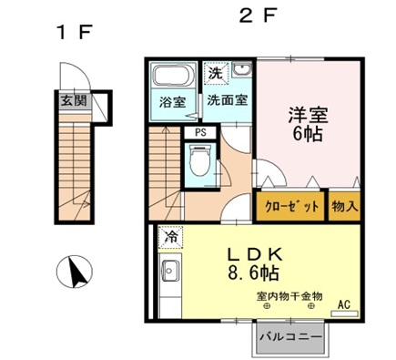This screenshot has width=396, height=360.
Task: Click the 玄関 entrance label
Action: [x=74, y=99]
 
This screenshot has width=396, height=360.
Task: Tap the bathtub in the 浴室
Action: [x=173, y=75]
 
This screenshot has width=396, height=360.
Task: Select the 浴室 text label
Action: [x=172, y=102]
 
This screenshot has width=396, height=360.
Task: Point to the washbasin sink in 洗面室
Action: [x=242, y=69]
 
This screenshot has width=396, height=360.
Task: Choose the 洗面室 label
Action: [x=228, y=100]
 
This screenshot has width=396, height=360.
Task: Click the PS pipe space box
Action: [x=200, y=132]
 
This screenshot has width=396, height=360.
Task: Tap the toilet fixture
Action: [x=200, y=160]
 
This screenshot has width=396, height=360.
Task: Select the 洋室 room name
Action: [x=308, y=115]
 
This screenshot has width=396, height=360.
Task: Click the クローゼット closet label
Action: [x=291, y=207]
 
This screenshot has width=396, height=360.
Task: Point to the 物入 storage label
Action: [x=345, y=206]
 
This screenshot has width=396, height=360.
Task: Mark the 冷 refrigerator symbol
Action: [x=170, y=237]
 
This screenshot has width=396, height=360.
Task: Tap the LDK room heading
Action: [x=255, y=254]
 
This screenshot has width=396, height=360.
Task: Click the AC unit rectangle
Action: [x=344, y=314]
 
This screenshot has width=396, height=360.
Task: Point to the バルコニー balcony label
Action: [x=290, y=337]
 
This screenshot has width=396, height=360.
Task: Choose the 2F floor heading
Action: [x=258, y=15]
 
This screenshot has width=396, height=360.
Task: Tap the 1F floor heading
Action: [x=75, y=33]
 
